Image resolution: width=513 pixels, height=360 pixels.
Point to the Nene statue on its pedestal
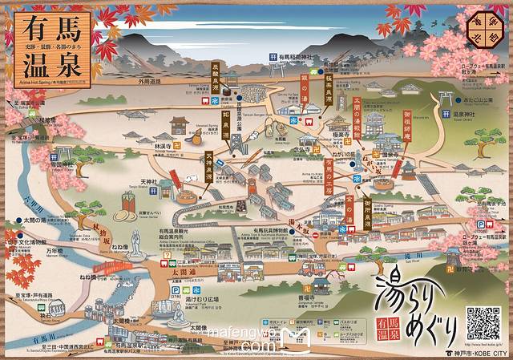pyautogui.click(x=134, y=241)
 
